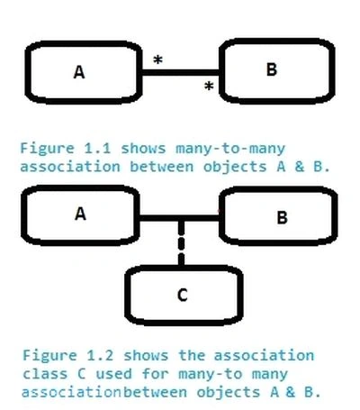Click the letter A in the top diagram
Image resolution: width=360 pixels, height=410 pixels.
coord(79,72)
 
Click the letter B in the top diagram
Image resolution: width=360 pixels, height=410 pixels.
coord(272,69)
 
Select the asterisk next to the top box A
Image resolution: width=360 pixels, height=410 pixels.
coord(157,59)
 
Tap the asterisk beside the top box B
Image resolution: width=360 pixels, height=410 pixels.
coord(209,86)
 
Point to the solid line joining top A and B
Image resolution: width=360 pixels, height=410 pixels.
coord(181,72)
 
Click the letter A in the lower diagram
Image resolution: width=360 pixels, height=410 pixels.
coord(80,214)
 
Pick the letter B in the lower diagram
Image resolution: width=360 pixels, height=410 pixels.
coord(283,217)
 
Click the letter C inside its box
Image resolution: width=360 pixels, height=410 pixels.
coord(183,295)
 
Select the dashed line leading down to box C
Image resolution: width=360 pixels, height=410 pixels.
coord(181,243)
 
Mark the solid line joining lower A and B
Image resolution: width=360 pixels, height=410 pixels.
coord(179,218)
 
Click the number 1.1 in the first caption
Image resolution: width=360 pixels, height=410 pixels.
coord(97,149)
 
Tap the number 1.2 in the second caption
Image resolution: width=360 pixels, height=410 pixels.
coord(100,356)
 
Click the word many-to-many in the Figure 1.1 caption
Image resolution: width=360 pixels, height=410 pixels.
coord(230,149)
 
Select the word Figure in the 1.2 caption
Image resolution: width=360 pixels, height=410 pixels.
coord(49,356)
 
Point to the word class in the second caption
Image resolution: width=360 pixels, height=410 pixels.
coord(45,374)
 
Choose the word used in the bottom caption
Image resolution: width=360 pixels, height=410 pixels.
coord(114,374)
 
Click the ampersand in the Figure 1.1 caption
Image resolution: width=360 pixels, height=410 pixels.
coord(300,167)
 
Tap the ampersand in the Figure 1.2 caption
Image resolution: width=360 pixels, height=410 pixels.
coord(290,392)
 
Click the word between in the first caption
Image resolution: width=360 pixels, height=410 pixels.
coord(161,167)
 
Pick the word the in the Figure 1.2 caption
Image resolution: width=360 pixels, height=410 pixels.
coord(192,356)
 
